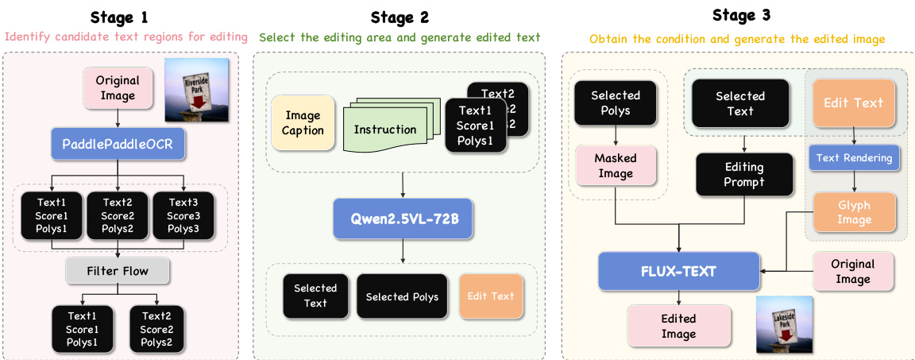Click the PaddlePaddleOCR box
point(118,145)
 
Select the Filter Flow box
point(118,272)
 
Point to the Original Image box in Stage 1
point(117,87)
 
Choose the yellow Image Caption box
point(303,123)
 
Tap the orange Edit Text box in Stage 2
point(491,296)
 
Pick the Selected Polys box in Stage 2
point(403,296)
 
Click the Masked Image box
point(616,165)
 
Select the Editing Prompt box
point(743,174)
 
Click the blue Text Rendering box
point(854,157)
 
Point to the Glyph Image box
point(854,212)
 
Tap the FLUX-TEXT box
point(678,271)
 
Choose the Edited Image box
point(678,325)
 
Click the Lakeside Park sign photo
point(784,323)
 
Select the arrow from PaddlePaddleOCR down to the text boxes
point(118,172)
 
